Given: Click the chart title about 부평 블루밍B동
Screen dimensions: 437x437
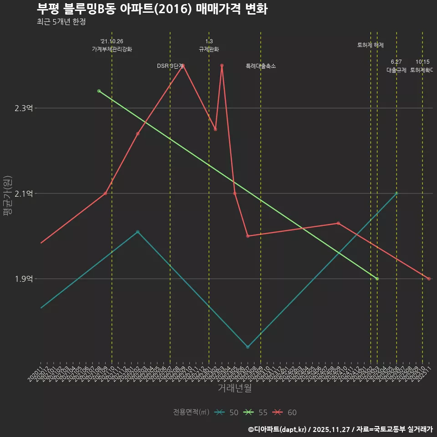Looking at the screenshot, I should point(152,9).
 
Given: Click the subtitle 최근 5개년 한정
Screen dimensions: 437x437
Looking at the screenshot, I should point(61,22).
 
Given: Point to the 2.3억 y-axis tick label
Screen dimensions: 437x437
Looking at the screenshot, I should point(23,108).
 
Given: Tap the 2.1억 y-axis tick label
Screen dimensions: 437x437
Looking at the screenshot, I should point(23,193).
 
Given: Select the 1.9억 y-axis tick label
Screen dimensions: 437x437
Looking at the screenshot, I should point(23,279).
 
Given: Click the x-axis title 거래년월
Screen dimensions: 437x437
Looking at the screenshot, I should point(234,388).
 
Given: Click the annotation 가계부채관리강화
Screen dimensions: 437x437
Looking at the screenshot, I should point(112,49).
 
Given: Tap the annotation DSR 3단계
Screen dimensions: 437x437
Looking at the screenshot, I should point(170,66).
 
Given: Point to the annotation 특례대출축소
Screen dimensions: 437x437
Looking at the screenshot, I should point(261,66).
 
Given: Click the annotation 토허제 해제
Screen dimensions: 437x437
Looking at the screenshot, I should point(371,45).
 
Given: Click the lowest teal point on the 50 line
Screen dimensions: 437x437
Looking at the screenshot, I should point(248,347).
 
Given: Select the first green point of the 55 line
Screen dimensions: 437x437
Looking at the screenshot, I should point(99,91).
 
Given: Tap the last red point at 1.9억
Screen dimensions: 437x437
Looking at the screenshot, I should point(429,279).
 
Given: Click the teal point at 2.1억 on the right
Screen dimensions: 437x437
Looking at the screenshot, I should point(396,193).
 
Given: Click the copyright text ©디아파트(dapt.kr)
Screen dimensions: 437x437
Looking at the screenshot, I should point(278,429).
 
